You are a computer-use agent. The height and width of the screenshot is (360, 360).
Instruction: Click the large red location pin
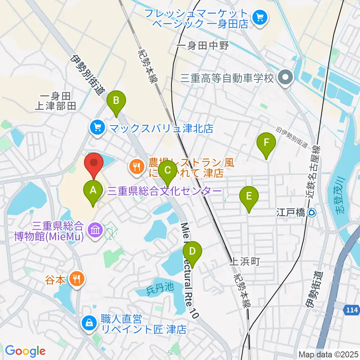point(93,165)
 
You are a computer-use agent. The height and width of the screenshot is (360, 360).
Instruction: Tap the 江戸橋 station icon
point(311,213)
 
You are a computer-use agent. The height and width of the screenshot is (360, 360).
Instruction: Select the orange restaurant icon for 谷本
point(78,279)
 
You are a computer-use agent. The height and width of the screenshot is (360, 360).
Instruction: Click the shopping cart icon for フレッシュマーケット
point(259,17)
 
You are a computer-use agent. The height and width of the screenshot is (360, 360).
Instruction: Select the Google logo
point(25,351)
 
